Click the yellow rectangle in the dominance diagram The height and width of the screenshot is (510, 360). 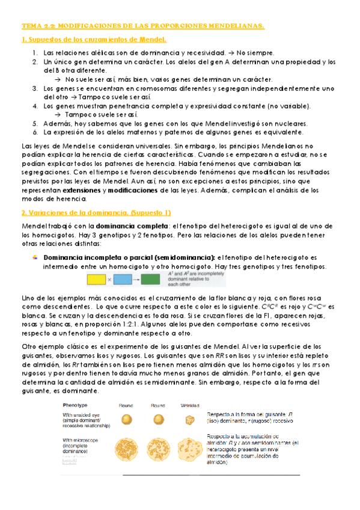pyautogui.click(x=96, y=279)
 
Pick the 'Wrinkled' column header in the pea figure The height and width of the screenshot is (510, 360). pyautogui.click(x=190, y=405)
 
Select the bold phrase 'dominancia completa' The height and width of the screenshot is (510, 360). pyautogui.click(x=129, y=226)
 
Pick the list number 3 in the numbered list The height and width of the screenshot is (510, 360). pyautogui.click(x=35, y=88)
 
